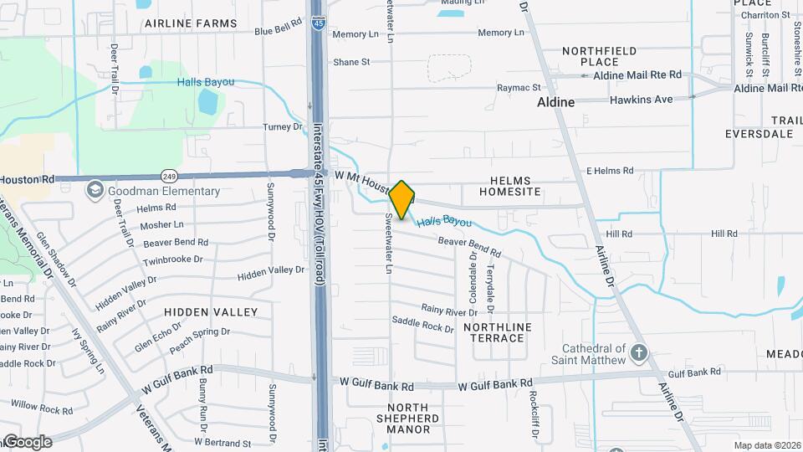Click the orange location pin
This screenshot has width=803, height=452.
(x=402, y=199)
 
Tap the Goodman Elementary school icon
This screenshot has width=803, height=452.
(x=94, y=191)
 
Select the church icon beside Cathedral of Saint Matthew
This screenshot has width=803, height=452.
(x=640, y=352)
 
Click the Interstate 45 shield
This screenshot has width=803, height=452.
(x=318, y=23)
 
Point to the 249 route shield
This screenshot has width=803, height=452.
(x=170, y=177)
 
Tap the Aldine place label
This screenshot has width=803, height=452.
(x=555, y=102)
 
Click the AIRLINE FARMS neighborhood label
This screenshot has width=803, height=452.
(x=191, y=23)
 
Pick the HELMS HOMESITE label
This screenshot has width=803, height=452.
(x=510, y=186)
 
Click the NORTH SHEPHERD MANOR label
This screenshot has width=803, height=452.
(x=407, y=424)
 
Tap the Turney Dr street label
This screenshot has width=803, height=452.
(x=282, y=126)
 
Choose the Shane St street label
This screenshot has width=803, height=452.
(x=351, y=62)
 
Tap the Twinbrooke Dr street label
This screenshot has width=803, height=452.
(x=172, y=260)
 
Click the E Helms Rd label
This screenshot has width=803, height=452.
(x=609, y=171)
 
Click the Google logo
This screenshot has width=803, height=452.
(x=28, y=442)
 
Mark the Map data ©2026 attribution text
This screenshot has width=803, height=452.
(x=766, y=445)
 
